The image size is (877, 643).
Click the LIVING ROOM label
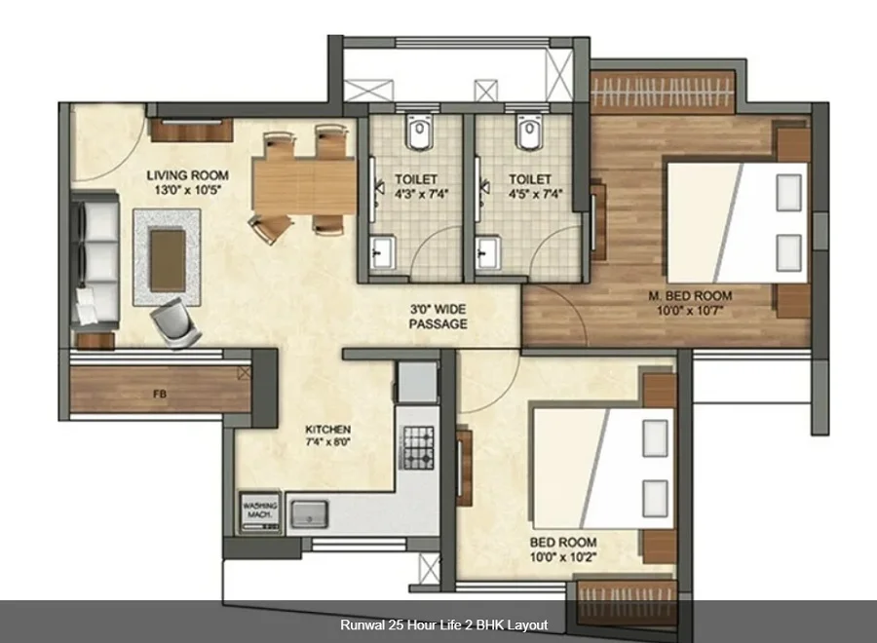coord(187,175)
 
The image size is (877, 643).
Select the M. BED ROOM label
coord(690,296)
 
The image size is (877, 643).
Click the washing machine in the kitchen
coord(260,511)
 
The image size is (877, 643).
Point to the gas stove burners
coord(419,447)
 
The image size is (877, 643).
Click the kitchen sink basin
coord(309,513)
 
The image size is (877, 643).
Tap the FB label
coord(160,395)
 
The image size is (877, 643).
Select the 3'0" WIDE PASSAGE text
coord(438,317)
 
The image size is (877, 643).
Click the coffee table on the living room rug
coord(168,260)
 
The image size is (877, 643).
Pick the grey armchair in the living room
coord(175,323)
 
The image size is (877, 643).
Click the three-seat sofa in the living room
coord(96,260)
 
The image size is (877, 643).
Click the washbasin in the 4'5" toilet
coord(488,253)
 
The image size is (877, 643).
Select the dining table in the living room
coord(304,187)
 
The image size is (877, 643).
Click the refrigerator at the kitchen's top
coord(417,382)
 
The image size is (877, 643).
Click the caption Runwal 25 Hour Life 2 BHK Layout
coord(444,624)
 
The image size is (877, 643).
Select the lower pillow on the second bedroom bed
coord(656,498)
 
